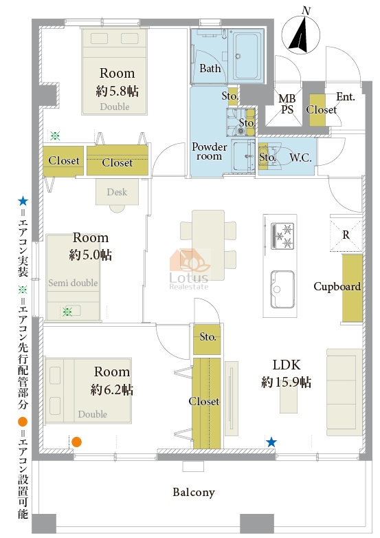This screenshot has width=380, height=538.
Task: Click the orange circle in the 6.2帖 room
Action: (x=76, y=442)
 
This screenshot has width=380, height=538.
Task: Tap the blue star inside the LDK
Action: (x=271, y=442)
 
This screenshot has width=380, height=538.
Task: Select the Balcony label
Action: (x=194, y=493)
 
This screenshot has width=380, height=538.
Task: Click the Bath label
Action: (x=210, y=68)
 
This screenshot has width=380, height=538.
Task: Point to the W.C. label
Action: (x=300, y=158)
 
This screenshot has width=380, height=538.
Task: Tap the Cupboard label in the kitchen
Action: (x=337, y=286)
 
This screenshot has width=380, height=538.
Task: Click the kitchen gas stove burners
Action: (x=282, y=236)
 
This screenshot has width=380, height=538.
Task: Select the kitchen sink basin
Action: (x=282, y=289)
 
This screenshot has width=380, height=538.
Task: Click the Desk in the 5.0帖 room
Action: (x=118, y=192)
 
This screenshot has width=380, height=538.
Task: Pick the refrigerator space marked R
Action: (x=346, y=235)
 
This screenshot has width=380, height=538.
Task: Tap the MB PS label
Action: (x=287, y=104)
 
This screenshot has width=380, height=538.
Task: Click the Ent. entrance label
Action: (x=346, y=97)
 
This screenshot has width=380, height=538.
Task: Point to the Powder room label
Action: (x=209, y=151)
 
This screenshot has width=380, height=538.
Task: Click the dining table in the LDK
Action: (x=208, y=245)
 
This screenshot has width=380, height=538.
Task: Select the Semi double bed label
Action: (x=73, y=283)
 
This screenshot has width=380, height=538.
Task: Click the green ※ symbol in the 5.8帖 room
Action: (x=55, y=136)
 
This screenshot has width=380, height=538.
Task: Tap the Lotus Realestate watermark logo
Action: (x=190, y=270)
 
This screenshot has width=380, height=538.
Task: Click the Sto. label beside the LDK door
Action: (x=208, y=337)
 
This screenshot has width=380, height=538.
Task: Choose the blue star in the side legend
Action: (x=23, y=201)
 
